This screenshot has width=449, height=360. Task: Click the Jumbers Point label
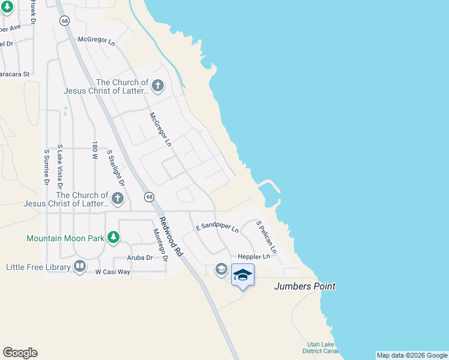pyautogui.click(x=304, y=286)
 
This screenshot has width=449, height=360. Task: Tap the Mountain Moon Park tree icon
pyautogui.click(x=113, y=238)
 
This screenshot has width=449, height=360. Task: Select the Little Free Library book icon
pyautogui.click(x=80, y=266)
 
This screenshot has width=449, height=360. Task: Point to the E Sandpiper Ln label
pyautogui.click(x=217, y=228)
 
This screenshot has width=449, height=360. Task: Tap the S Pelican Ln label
pyautogui.click(x=267, y=236)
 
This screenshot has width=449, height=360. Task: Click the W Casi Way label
pyautogui.click(x=113, y=272)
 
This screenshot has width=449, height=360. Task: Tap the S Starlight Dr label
pyautogui.click(x=115, y=167)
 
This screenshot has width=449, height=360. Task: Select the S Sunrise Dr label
pyautogui.click(x=46, y=167)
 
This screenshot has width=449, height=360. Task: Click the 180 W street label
pyautogui.click(x=94, y=150)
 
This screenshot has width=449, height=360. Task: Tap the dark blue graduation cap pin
pyautogui.click(x=243, y=275)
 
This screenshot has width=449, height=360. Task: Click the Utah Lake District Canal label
pyautogui.click(x=321, y=347)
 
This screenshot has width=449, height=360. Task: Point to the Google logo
pyautogui.click(x=20, y=353)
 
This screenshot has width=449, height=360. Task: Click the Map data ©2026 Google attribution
pyautogui.click(x=412, y=355)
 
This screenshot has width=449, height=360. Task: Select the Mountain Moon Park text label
pyautogui.click(x=65, y=238)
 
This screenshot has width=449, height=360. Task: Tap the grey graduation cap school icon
pyautogui.click(x=221, y=269)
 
